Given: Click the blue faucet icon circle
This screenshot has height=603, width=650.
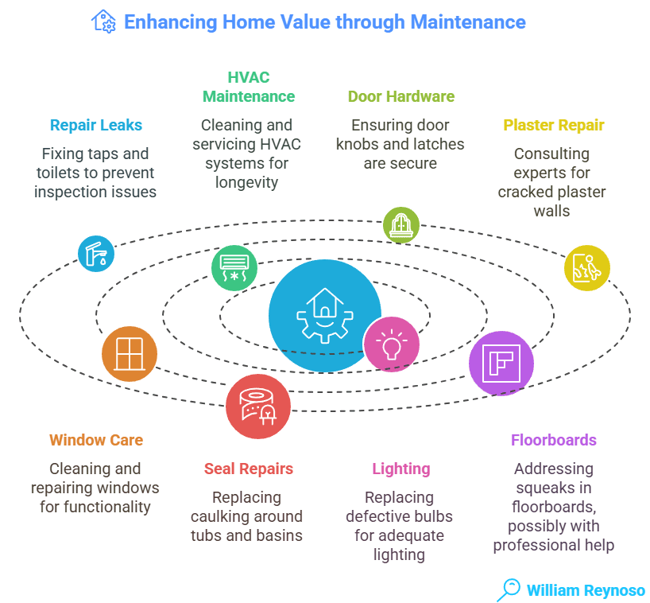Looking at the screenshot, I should pos(96,254).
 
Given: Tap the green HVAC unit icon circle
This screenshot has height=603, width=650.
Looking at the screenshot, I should pos(234,267).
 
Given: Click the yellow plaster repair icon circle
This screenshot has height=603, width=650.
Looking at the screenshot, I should pos(586,268).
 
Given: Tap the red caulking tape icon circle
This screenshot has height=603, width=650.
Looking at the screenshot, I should pos(257,407).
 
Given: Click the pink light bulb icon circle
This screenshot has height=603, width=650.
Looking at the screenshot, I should pos(391,344).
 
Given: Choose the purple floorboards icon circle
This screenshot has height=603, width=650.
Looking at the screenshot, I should pos(501,364).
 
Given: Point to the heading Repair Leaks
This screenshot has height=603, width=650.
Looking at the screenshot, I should pos(95,125).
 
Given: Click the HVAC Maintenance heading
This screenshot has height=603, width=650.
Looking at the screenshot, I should pos(248,87).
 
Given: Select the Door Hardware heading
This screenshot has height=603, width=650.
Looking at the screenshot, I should pos(401,96).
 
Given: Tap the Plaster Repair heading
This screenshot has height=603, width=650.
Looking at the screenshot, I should pos(553,125).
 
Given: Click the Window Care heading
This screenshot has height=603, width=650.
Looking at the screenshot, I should pos(95,440).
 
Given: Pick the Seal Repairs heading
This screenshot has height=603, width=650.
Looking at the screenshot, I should pos(248,469).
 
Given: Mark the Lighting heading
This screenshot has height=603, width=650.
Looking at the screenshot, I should pos(401,469).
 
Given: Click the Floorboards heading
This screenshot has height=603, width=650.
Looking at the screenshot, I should pos(553,440).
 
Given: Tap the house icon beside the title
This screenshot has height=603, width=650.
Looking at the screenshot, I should pos(104,21).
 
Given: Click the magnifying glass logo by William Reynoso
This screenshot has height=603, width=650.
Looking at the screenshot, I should pos(507,589).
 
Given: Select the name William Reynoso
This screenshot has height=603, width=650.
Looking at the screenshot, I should pos(586,590).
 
